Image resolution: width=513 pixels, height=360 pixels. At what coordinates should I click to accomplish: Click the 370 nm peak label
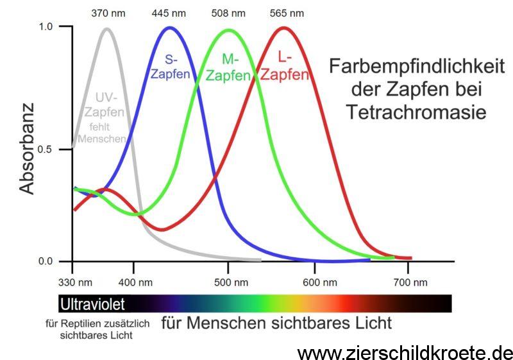(x=107, y=13)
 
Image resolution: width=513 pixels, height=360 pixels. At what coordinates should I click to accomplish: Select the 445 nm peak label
(x=168, y=13)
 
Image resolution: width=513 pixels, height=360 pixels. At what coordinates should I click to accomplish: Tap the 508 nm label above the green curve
(x=229, y=13)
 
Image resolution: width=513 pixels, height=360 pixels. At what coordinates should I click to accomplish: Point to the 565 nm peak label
(x=288, y=13)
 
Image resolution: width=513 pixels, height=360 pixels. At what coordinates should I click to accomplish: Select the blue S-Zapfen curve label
(x=170, y=67)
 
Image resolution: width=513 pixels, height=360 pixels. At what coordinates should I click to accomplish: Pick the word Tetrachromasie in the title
(x=416, y=112)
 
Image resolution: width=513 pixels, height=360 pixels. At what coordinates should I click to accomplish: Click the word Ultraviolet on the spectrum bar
(x=92, y=303)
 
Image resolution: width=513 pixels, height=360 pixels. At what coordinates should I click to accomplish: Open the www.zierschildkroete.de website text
(x=405, y=352)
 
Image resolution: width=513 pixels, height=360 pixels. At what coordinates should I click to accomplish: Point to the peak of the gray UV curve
(x=106, y=28)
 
